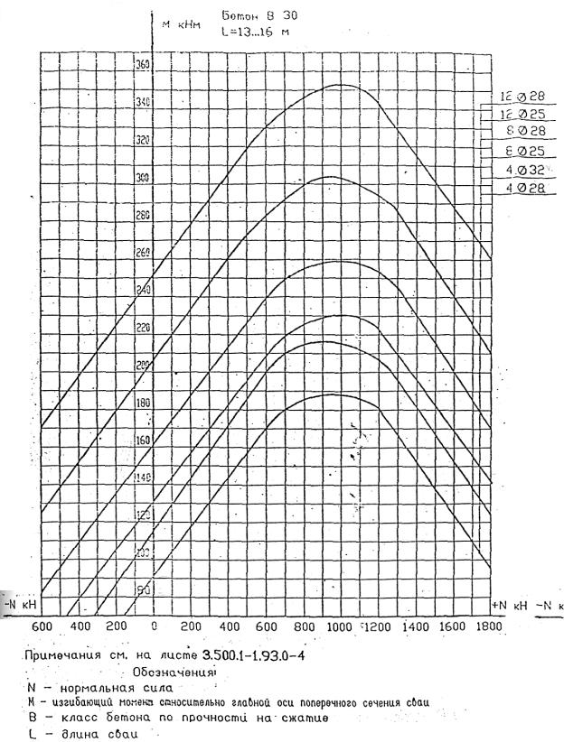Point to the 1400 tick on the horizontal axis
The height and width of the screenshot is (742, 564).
tap(414, 626)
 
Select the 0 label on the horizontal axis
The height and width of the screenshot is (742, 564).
tap(155, 626)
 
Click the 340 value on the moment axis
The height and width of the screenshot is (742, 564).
tap(143, 103)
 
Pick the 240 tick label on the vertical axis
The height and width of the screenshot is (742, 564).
tap(143, 291)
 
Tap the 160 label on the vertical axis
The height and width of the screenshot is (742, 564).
tap(143, 441)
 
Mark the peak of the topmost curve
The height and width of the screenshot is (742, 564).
tap(340, 84)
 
